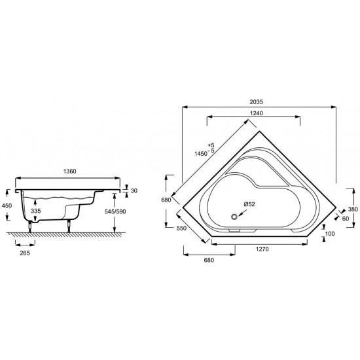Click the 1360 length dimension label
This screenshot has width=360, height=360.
[70, 171]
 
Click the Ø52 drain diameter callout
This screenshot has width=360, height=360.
[249, 204]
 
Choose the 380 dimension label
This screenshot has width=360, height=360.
[352, 209]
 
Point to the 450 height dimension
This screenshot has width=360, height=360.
[6, 204]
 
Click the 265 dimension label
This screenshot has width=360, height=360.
[26, 252]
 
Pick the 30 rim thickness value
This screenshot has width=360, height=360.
[134, 190]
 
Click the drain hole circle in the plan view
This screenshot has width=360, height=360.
[233, 213]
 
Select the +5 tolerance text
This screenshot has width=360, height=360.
[210, 144]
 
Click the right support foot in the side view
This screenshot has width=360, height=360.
[69, 225]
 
